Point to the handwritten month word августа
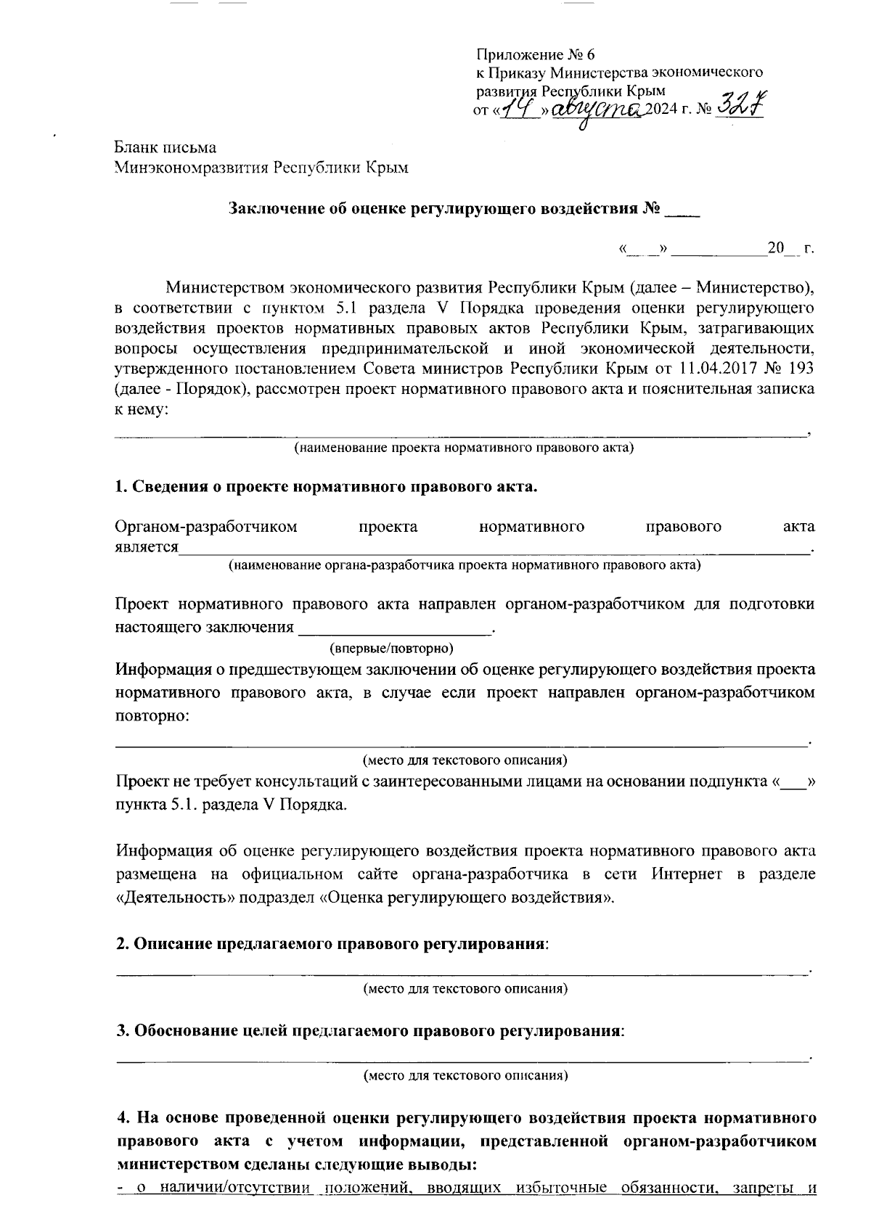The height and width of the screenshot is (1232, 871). coord(597,110)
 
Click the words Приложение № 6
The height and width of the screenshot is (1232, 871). coord(534,54)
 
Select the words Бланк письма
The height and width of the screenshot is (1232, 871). coord(165,148)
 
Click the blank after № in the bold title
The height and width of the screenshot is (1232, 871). coord(682,210)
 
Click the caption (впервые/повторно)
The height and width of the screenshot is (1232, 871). coord(392,646)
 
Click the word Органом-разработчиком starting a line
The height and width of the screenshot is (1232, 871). coord(206,526)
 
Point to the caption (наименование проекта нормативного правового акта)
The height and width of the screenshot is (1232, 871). coord(464,448)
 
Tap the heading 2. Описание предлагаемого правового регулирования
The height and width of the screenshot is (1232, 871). coord(332,944)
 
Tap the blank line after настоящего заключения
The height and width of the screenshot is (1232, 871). coord(396,627)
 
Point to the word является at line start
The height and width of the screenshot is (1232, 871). coord(146,546)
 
